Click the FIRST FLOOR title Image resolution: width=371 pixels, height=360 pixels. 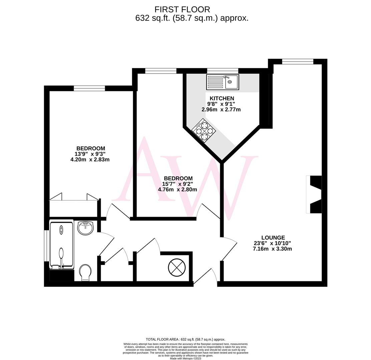pos(182,9)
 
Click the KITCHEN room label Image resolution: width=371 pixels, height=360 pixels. pos(222,98)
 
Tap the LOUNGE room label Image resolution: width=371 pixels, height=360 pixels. pos(273,238)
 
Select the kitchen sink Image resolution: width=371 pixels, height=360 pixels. pos(223,82)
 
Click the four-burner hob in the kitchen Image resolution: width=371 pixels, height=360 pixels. pos(204,130)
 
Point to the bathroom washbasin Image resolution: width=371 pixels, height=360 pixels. pos(85,228)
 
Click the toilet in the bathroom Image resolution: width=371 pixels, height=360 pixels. pos(85,272)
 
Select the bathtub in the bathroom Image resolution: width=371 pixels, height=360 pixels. pos(61,245)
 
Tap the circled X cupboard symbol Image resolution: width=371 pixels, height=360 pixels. pos(177,267)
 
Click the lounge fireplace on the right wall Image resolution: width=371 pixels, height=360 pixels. pos(314,194)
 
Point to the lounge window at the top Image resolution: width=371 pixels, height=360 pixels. pos(298,61)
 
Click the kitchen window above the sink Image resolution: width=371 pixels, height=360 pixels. pos(223,71)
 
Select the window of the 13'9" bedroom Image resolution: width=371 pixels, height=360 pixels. pos(89,88)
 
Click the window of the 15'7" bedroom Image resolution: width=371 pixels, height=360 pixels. pos(160,71)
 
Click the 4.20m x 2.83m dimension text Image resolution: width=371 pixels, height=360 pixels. pos(90,160)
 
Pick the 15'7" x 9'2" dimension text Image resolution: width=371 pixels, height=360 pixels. pos(177,184)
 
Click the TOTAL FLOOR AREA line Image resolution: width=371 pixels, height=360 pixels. pos(185,339)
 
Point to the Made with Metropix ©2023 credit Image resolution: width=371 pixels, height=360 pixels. pos(185,358)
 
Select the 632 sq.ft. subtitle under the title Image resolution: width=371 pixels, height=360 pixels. pos(192,18)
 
